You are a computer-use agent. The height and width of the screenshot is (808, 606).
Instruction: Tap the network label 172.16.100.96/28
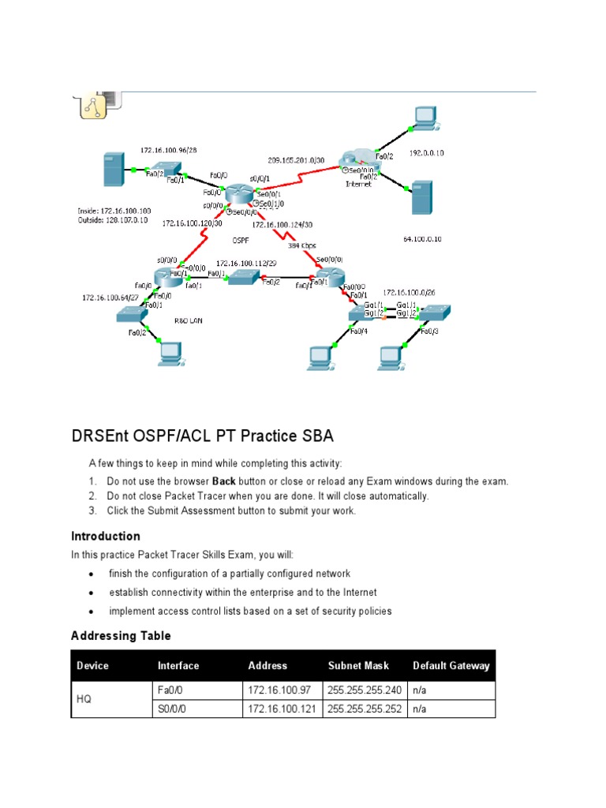click(x=169, y=149)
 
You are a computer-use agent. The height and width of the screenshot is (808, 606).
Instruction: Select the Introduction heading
click(x=106, y=537)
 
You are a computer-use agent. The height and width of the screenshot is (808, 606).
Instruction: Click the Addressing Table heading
click(x=121, y=635)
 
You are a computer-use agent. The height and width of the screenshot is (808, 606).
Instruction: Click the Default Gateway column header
click(x=451, y=665)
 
